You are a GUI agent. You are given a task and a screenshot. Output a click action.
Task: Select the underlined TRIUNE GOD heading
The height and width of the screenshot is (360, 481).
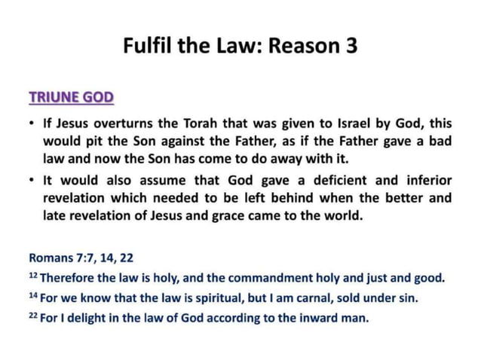71,97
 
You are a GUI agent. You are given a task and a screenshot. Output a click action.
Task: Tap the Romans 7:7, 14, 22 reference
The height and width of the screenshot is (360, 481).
81,258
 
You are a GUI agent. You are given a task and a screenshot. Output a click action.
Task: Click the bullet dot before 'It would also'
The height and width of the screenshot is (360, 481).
31,182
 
